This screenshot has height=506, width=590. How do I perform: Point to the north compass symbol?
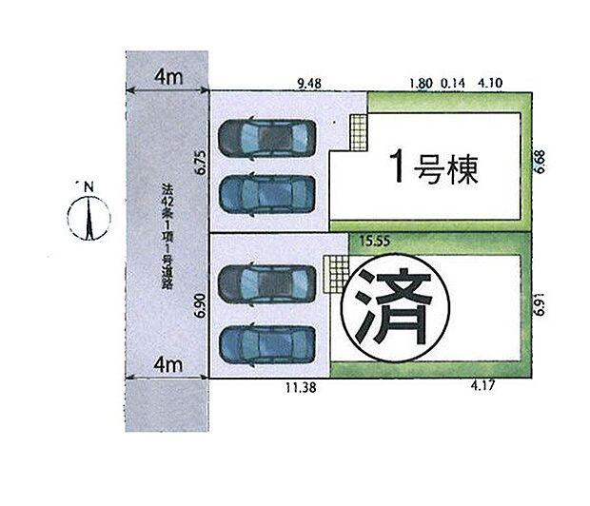coord(87,216)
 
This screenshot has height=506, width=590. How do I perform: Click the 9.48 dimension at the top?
coord(309,84)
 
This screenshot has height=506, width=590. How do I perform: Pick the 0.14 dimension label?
coord(451,84)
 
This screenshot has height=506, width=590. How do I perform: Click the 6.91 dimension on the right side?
coord(540,309)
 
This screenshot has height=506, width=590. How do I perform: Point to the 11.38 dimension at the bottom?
coord(301,387)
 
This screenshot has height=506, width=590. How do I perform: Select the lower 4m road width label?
coord(168,363)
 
